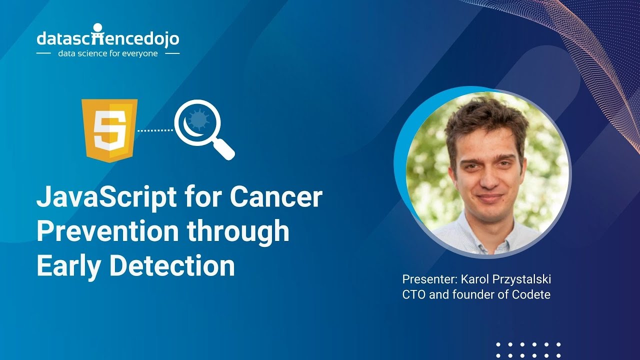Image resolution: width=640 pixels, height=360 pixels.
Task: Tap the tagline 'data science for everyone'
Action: tap(107, 53)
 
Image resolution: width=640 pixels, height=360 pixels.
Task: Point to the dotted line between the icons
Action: tap(155, 130)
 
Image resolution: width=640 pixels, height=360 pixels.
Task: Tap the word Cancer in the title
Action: tap(275, 198)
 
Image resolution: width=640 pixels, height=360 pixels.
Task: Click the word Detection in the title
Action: tap(172, 264)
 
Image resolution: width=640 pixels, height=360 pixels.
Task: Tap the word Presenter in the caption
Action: tap(424, 279)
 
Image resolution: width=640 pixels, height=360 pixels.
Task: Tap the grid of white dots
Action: tap(528, 350)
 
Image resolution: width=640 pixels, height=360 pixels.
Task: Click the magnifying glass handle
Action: tap(225, 150)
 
